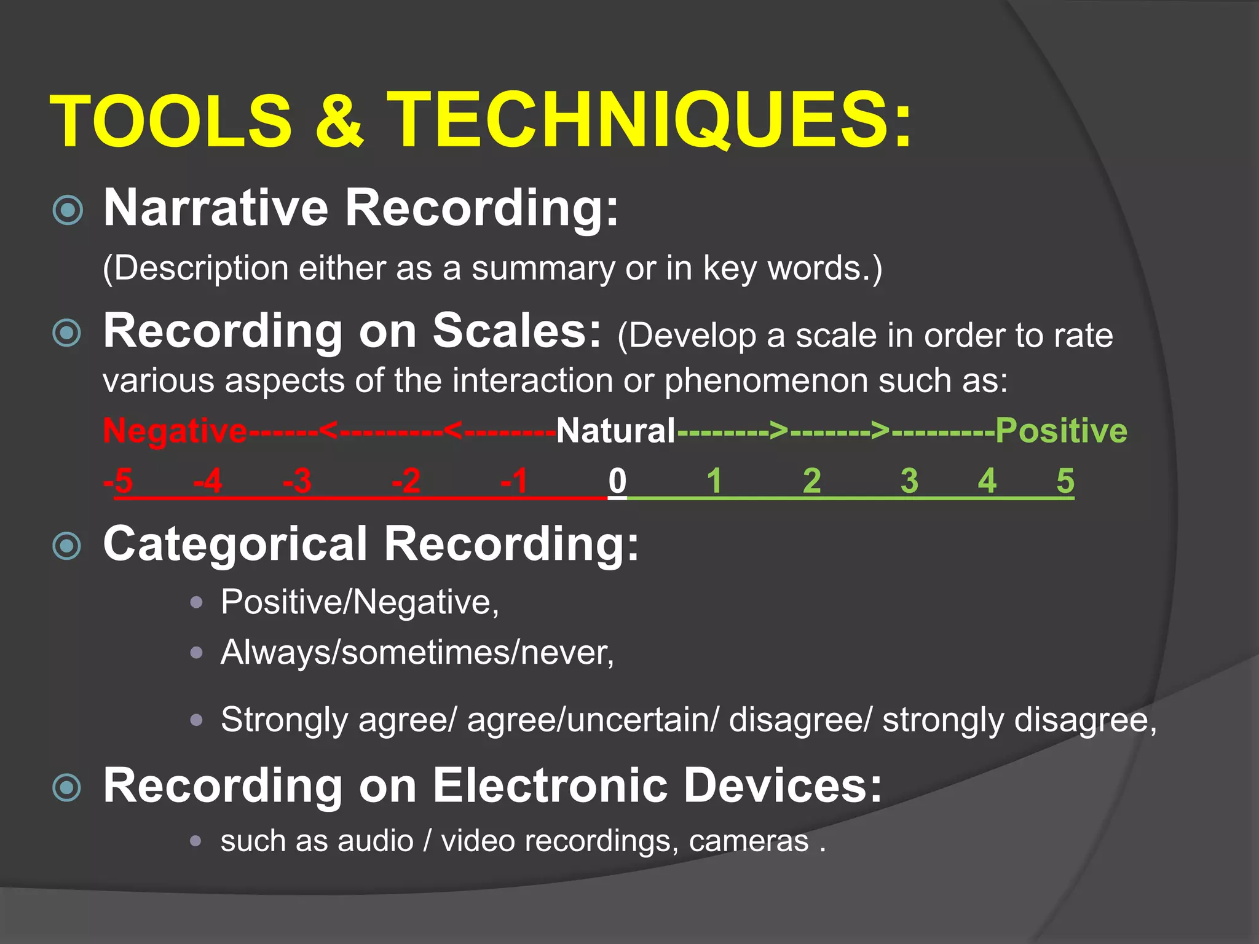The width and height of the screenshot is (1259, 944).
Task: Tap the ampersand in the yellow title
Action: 339,120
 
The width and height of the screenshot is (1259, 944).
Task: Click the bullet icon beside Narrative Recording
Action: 68,211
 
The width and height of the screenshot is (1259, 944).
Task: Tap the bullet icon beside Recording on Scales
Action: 68,334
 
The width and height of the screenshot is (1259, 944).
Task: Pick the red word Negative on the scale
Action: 175,431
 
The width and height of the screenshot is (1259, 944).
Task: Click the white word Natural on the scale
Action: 616,431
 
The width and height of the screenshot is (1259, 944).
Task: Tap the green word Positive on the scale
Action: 1061,431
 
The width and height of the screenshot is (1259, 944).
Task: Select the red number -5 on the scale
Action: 118,481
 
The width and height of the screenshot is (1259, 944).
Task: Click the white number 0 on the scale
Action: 617,481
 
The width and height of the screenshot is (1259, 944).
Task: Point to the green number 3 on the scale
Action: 909,481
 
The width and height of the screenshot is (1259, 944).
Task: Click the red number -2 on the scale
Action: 406,481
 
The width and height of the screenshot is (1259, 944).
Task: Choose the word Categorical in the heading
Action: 235,544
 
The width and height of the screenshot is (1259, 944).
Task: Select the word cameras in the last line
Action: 749,841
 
